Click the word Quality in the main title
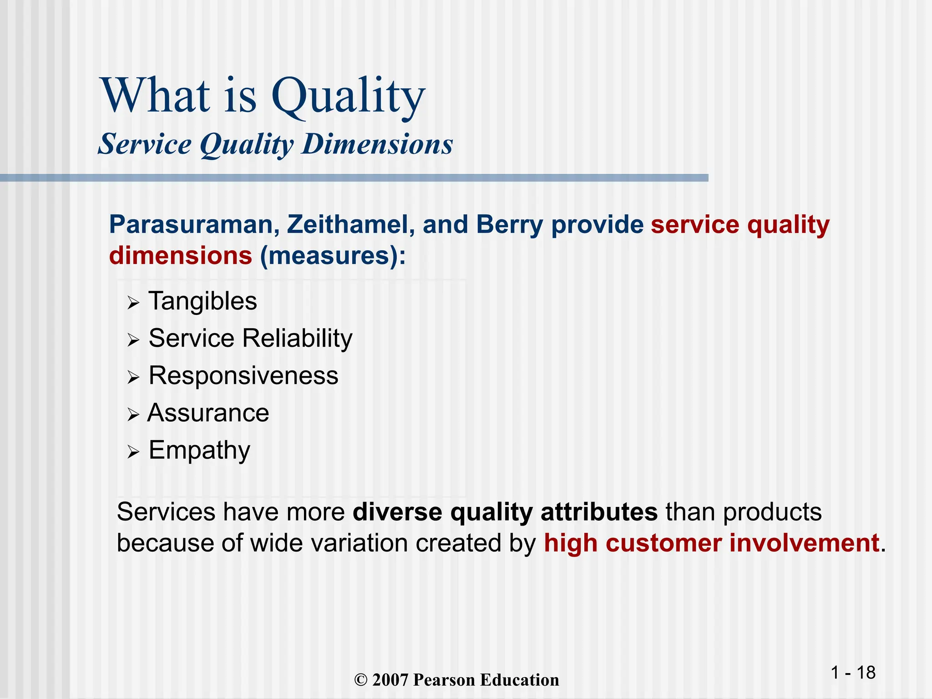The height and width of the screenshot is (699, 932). pos(348,96)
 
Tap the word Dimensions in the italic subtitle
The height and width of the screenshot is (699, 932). pos(377,144)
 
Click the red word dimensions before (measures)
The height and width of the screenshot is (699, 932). pos(181,256)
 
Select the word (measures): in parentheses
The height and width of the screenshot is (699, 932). pos(333,256)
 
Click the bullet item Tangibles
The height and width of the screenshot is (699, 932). pos(203,301)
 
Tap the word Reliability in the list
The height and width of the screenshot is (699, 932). pos(297,339)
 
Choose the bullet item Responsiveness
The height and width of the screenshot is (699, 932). pos(243,376)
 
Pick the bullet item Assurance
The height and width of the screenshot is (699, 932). pos(208,413)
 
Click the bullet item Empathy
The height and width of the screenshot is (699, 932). pos(199,451)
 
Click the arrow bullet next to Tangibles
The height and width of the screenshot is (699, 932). pos(133,303)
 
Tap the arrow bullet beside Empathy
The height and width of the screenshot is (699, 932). pos(133,452)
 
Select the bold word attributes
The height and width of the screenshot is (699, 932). pos(599,512)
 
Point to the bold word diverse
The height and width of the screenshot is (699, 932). pos(397,512)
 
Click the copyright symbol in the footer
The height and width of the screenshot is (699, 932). pos(360,680)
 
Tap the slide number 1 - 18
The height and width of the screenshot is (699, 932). pos(853,673)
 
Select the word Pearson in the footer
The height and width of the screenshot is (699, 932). pos(444,680)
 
